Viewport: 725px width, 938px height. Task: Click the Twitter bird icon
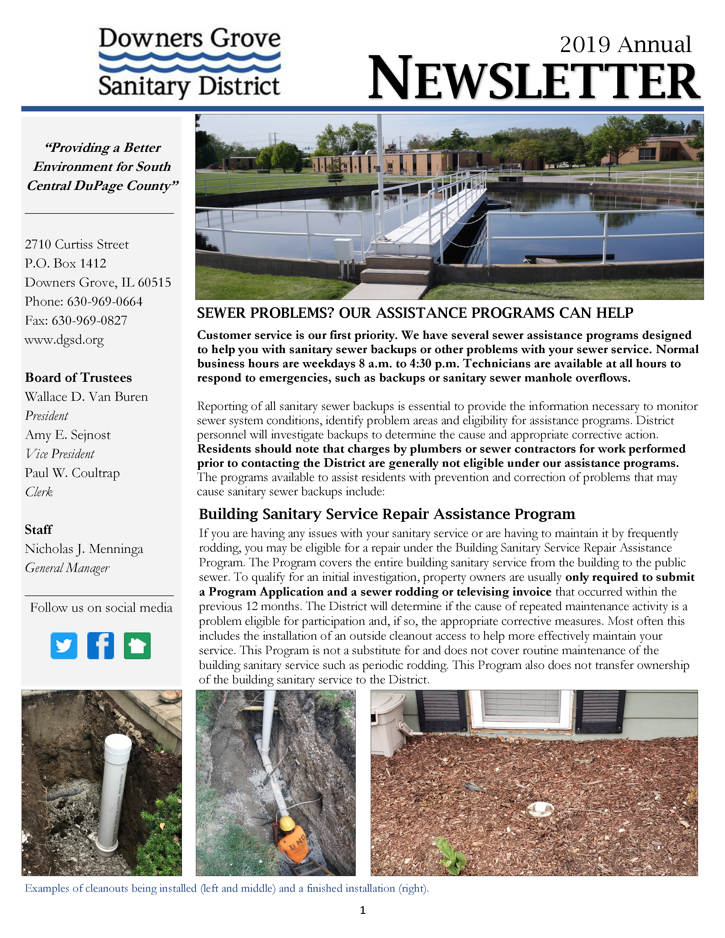[x=64, y=646]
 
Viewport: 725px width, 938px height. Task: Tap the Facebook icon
[x=100, y=646]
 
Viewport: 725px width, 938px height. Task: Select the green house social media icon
[x=137, y=646]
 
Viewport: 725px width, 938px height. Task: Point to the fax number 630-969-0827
[x=89, y=320]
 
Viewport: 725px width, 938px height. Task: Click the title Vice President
[x=60, y=454]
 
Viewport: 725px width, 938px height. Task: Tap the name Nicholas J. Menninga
[x=84, y=549]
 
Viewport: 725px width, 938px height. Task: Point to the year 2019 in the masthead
[x=585, y=45]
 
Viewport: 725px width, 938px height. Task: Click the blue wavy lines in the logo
[x=189, y=62]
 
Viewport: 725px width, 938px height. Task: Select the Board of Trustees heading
[x=78, y=377]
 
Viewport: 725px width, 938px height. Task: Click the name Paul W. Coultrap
[x=72, y=473]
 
